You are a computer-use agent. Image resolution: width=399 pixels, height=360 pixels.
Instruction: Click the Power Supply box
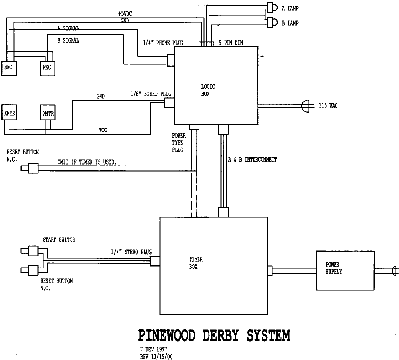[345, 271]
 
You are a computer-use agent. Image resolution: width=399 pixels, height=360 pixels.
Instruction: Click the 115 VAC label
[328, 106]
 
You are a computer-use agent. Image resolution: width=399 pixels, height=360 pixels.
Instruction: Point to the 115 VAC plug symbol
[306, 105]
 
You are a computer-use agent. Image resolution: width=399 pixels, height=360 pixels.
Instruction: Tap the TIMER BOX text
[195, 263]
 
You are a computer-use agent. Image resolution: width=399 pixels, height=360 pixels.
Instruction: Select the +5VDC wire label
[126, 14]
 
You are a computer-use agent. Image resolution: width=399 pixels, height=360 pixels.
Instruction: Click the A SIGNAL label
[68, 29]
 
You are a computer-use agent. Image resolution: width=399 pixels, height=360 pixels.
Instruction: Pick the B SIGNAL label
[68, 41]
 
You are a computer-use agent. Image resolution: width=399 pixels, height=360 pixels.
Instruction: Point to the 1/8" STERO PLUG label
[150, 94]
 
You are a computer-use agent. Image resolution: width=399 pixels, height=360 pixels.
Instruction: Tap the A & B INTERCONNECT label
[253, 160]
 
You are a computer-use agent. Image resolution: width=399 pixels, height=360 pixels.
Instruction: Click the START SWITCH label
[59, 240]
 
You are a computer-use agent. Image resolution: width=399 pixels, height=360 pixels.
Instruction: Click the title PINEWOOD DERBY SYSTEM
[214, 335]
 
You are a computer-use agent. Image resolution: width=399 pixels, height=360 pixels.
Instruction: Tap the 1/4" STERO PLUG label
[131, 252]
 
